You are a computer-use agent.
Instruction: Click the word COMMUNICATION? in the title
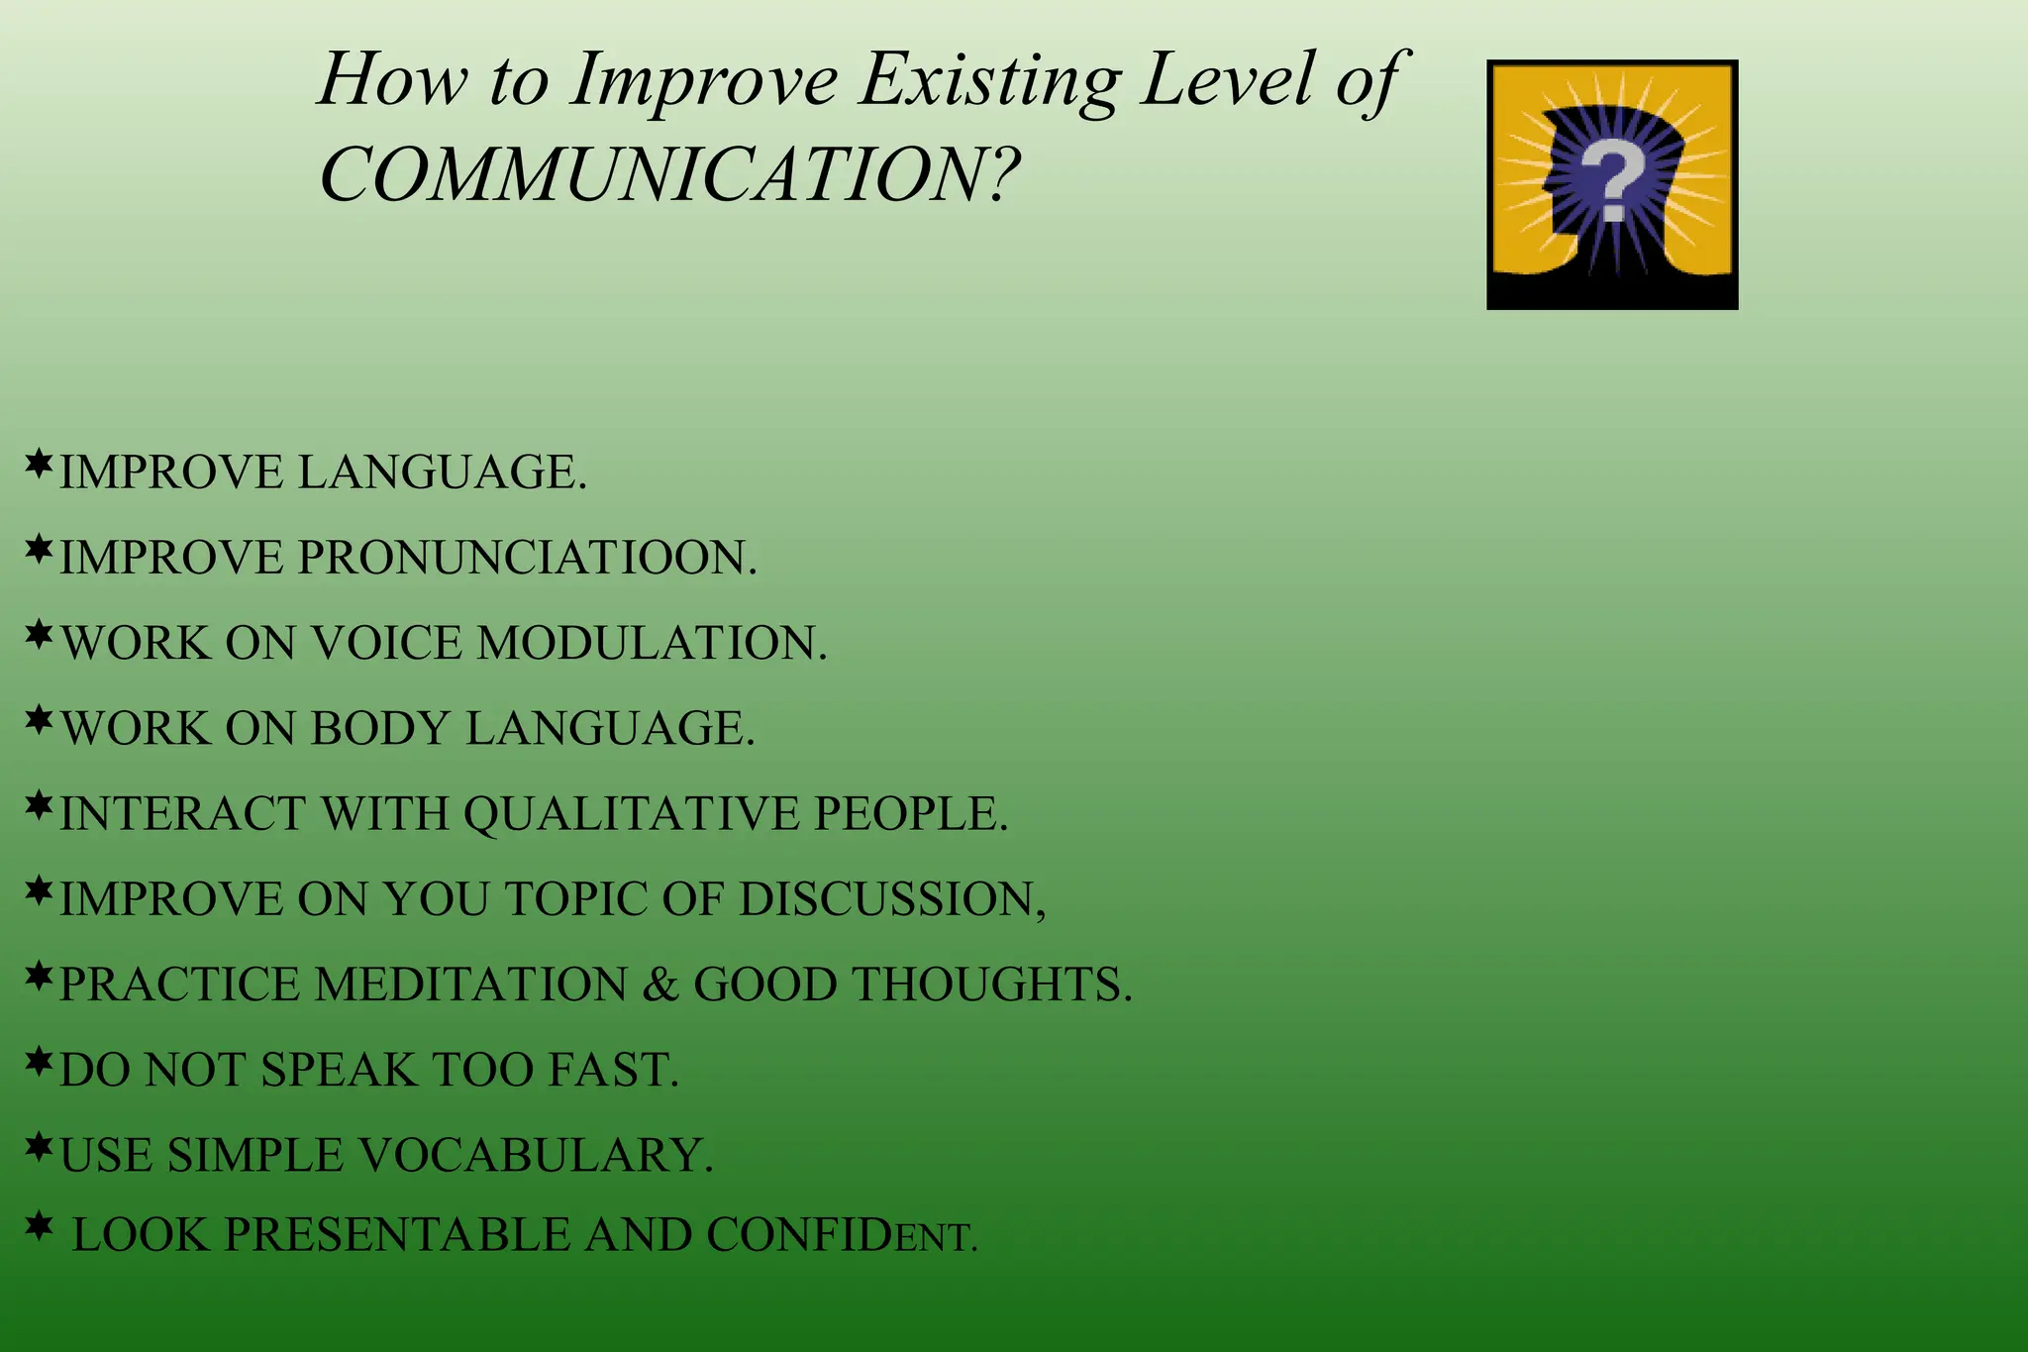tap(669, 175)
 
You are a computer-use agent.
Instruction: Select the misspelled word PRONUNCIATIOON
tap(527, 558)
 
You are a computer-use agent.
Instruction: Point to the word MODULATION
tap(652, 643)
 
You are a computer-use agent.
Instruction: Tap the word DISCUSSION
tap(891, 899)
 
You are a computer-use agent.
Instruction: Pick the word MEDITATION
tap(471, 985)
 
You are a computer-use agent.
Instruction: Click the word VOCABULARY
tap(535, 1155)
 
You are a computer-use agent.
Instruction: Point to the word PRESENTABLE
tap(396, 1235)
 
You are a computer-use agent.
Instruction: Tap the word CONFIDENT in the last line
tap(842, 1235)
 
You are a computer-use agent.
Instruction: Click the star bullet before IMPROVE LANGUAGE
tap(39, 464)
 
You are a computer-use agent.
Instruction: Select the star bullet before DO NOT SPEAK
tap(39, 1062)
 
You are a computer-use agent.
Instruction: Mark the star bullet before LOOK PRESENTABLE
tap(39, 1226)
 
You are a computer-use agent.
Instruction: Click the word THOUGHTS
tap(991, 985)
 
